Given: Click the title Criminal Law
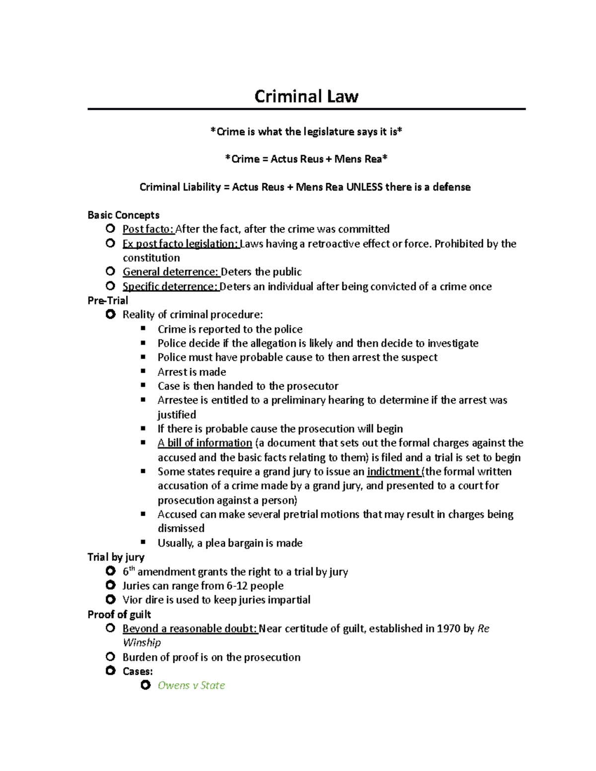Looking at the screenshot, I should (306, 96).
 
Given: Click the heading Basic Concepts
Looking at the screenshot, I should (123, 215).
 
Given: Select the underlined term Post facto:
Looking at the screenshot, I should (148, 229).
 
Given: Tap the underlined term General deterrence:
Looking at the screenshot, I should (170, 272).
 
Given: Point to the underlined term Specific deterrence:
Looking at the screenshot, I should (170, 286).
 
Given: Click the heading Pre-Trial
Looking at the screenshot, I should (108, 300).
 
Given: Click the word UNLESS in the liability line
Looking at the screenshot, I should (364, 187).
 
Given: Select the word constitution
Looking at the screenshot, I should (151, 258).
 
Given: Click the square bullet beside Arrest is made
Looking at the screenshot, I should (144, 371).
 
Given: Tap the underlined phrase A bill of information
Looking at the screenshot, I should (205, 443).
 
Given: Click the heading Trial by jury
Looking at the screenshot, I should (116, 557).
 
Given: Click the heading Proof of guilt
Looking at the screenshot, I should (119, 615).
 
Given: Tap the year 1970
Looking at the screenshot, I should (448, 629).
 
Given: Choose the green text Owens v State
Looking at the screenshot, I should (191, 686).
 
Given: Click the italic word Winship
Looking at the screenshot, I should (142, 643).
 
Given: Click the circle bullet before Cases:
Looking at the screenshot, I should (111, 671).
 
